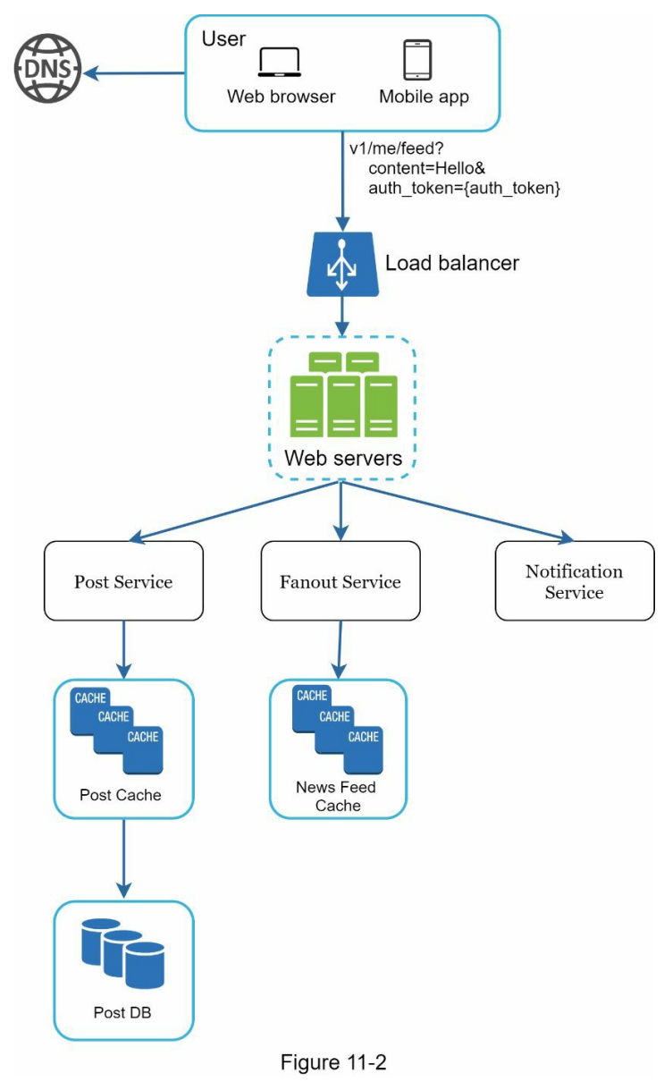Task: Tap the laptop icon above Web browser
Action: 279,63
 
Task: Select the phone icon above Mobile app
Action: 418,61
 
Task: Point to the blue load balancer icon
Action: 340,266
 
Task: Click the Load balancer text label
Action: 451,264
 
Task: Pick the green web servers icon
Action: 343,394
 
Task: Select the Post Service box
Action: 123,582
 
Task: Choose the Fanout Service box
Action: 340,582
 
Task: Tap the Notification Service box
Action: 574,581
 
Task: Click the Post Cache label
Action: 121,795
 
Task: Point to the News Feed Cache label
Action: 336,796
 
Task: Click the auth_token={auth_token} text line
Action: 464,188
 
